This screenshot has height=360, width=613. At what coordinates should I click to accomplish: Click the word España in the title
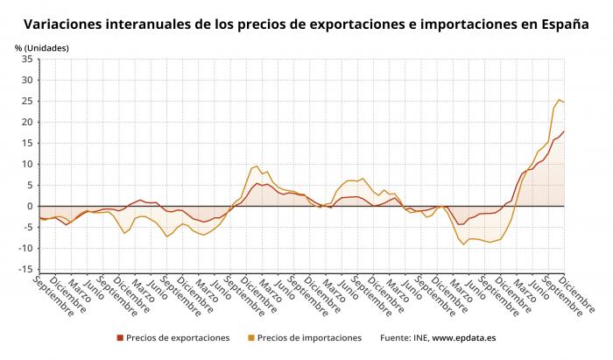pyautogui.click(x=566, y=25)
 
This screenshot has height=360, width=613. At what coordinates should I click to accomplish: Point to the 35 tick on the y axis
pyautogui.click(x=27, y=59)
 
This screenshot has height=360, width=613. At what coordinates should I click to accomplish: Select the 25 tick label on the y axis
pyautogui.click(x=27, y=102)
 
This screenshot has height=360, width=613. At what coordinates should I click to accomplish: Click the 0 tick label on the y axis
pyautogui.click(x=30, y=207)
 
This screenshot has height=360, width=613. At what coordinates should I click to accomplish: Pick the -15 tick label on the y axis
pyautogui.click(x=25, y=269)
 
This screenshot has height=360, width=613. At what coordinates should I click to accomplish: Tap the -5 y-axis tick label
pyautogui.click(x=27, y=228)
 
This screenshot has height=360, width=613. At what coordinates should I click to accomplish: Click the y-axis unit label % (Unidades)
pyautogui.click(x=42, y=48)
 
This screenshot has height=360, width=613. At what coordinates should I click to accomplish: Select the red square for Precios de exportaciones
pyautogui.click(x=120, y=338)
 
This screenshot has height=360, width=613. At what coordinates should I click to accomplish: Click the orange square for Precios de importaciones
pyautogui.click(x=251, y=338)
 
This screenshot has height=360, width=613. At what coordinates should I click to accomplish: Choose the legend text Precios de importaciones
pyautogui.click(x=310, y=338)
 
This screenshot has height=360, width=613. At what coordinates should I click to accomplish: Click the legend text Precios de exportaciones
pyautogui.click(x=178, y=338)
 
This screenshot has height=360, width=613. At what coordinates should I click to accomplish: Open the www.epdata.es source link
pyautogui.click(x=464, y=338)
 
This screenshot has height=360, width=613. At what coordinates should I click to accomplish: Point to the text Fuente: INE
pyautogui.click(x=405, y=338)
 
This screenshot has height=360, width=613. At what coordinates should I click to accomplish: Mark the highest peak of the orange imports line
pyautogui.click(x=559, y=99)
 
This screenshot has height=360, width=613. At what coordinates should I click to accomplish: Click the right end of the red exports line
pyautogui.click(x=564, y=131)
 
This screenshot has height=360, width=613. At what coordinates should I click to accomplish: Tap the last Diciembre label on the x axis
pyautogui.click(x=576, y=294)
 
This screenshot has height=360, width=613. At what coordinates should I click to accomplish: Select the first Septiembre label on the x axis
pyautogui.click(x=53, y=296)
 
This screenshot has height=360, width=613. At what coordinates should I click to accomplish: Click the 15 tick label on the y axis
pyautogui.click(x=27, y=143)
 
